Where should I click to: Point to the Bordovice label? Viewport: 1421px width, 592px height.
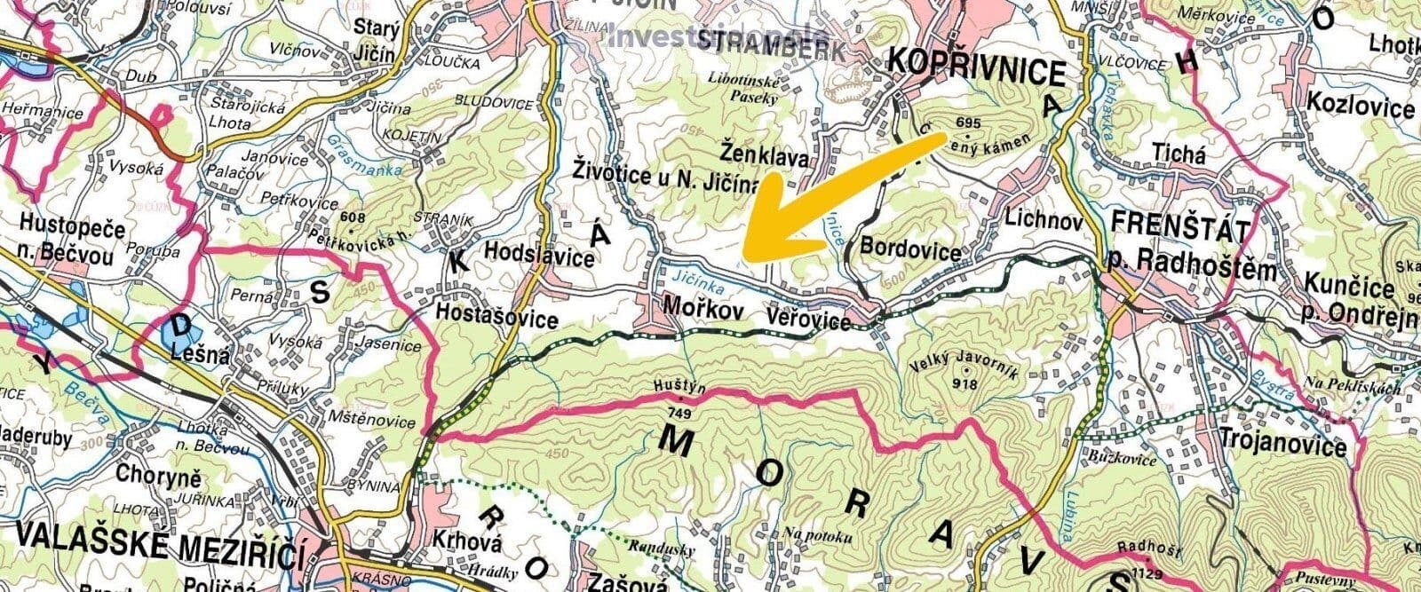[910, 252]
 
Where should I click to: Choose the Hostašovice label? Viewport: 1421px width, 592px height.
[496, 317]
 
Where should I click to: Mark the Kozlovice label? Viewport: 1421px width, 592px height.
[1360, 107]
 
